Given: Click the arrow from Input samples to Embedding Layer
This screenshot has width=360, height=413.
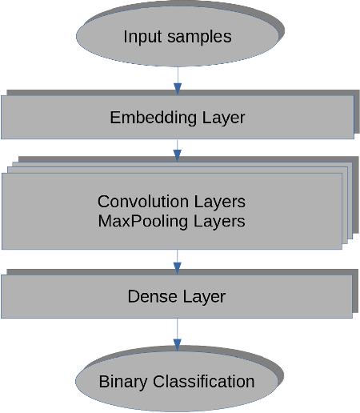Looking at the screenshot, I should click(x=177, y=79).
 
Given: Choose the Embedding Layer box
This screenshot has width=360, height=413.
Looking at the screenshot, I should click(x=177, y=118).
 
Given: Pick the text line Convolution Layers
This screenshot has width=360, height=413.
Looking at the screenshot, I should click(x=171, y=201).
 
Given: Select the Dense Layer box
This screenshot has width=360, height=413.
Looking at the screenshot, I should click(x=177, y=296).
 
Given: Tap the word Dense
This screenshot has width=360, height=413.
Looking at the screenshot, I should click(x=150, y=296).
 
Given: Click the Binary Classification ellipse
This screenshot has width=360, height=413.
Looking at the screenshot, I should click(x=177, y=381).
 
